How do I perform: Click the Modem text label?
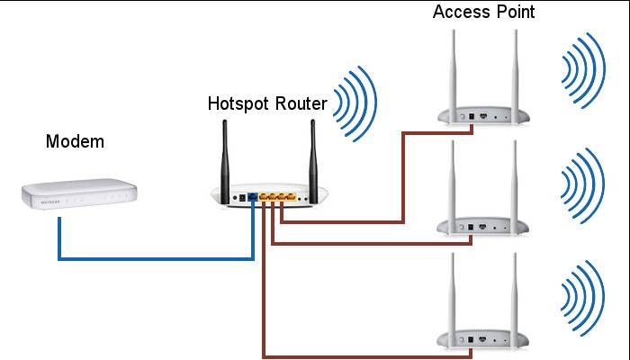(x=75, y=141)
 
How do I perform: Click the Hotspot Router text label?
(x=266, y=103)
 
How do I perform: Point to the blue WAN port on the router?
(x=255, y=197)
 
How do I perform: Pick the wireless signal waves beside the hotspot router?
(x=354, y=99)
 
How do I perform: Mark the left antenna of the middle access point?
(x=452, y=180)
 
